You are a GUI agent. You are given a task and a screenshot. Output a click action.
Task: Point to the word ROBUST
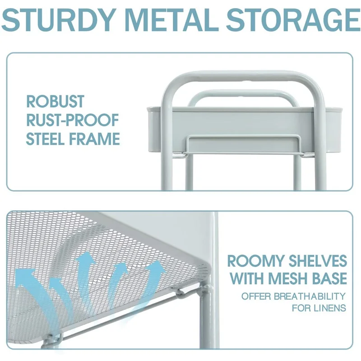tap(55, 102)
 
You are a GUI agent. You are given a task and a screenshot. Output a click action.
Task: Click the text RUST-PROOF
tap(72, 120)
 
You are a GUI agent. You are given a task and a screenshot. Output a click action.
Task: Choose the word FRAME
tap(97, 139)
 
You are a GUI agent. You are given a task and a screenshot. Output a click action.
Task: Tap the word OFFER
tap(256, 296)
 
